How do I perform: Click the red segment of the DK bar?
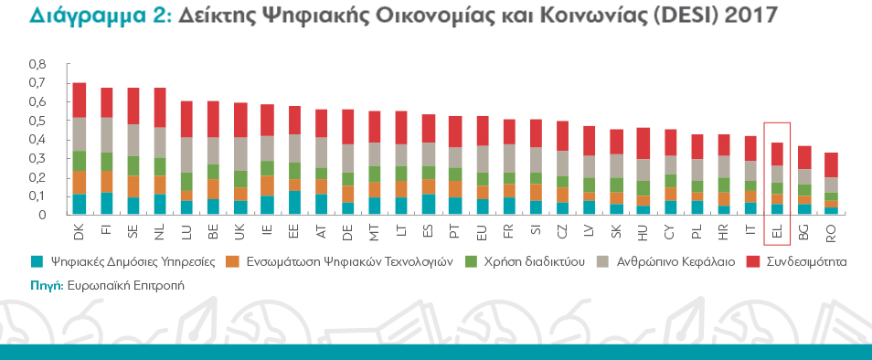tap(80, 100)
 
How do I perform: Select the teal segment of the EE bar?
tap(294, 202)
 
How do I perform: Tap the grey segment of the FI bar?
tap(106, 135)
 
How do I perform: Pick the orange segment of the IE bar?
tap(268, 185)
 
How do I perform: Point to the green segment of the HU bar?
tap(643, 188)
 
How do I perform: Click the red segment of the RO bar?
tap(831, 165)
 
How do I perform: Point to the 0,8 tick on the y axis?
tap(37, 65)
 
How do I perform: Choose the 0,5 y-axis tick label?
tap(37, 122)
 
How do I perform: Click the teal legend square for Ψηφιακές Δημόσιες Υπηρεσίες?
tap(37, 261)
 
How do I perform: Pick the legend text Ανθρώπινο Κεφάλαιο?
tap(676, 261)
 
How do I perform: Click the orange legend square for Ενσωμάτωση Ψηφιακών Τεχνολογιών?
tap(231, 261)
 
